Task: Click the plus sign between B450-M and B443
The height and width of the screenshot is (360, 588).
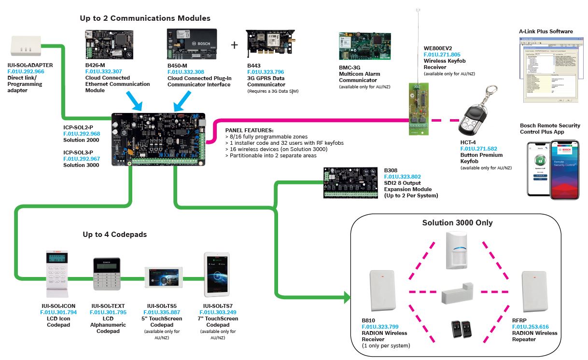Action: click(x=235, y=45)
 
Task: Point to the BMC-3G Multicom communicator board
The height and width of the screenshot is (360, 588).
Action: click(x=364, y=48)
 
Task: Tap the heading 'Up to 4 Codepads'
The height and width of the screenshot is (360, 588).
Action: click(x=114, y=235)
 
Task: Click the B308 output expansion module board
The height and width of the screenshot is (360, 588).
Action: click(x=350, y=183)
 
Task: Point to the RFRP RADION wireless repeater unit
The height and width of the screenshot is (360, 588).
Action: click(x=535, y=292)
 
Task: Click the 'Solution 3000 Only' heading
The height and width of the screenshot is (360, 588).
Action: click(x=457, y=222)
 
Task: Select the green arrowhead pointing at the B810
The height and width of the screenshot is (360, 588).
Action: click(x=347, y=297)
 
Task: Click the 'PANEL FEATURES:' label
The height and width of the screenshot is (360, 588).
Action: click(x=249, y=130)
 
